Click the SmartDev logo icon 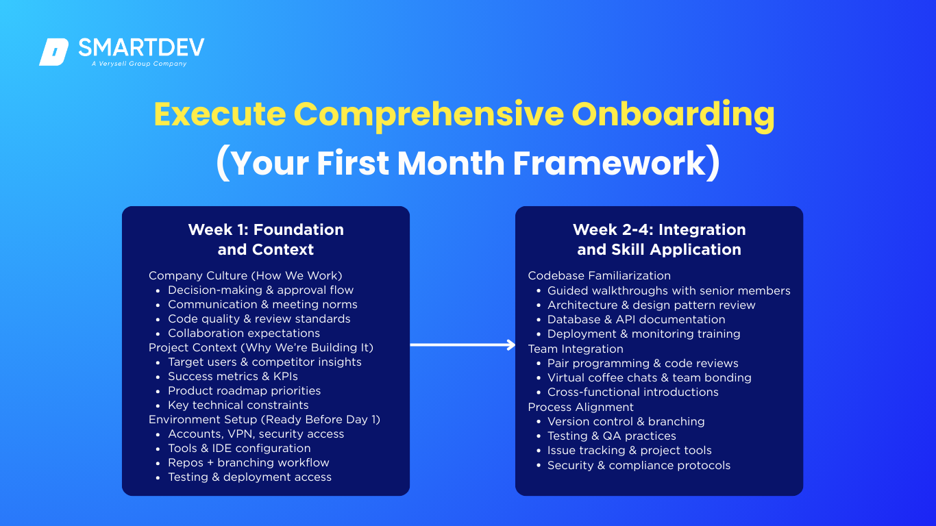[54, 52]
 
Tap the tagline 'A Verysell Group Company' [139, 64]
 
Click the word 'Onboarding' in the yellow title [673, 114]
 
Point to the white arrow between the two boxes [463, 345]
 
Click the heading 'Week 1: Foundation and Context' [266, 240]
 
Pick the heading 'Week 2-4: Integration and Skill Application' [659, 240]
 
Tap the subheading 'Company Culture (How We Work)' [245, 276]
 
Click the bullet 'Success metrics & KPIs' [233, 377]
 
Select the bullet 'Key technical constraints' [238, 405]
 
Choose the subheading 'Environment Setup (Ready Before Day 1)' [264, 419]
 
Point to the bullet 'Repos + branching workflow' [249, 463]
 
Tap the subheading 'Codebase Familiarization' [599, 276]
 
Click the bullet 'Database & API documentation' [637, 320]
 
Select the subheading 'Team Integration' [576, 349]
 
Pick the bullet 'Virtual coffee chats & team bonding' [650, 377]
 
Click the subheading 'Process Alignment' [580, 407]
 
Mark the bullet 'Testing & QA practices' [612, 436]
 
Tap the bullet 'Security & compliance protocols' [639, 466]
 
